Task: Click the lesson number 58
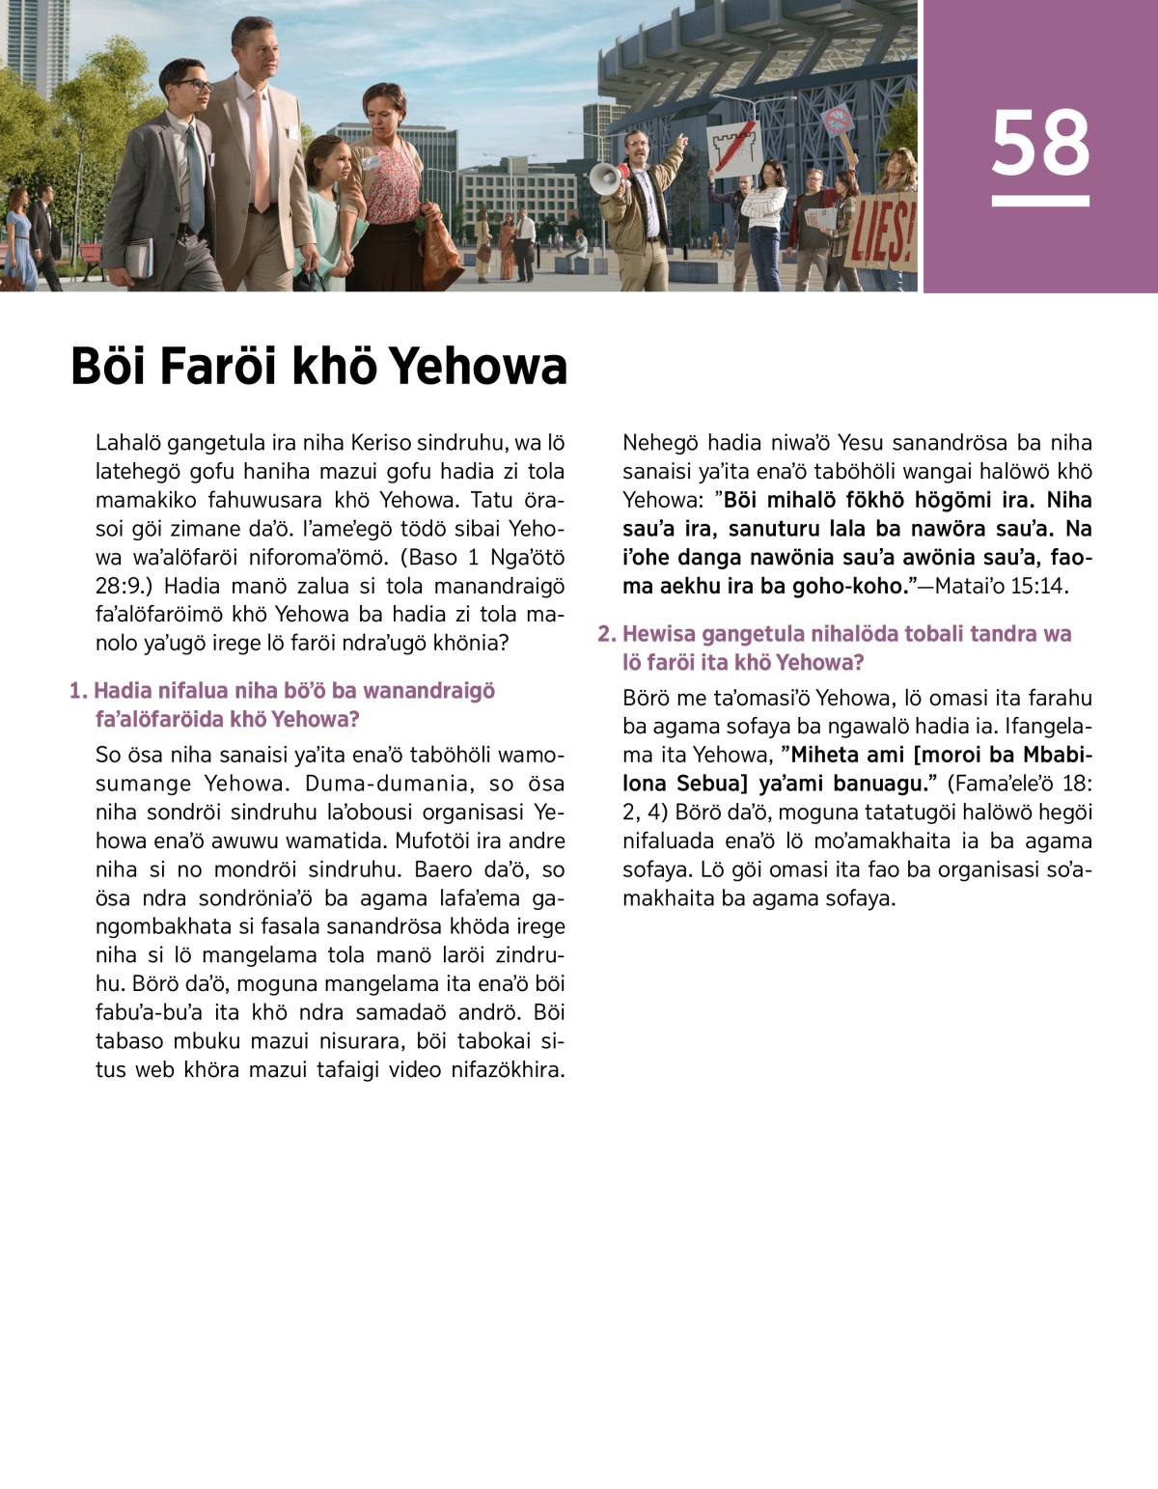1040,143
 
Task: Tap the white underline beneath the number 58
1040,201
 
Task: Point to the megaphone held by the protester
606,179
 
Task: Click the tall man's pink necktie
261,145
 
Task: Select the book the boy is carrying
139,257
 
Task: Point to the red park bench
89,257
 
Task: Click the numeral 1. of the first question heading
78,691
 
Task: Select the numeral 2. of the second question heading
606,634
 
